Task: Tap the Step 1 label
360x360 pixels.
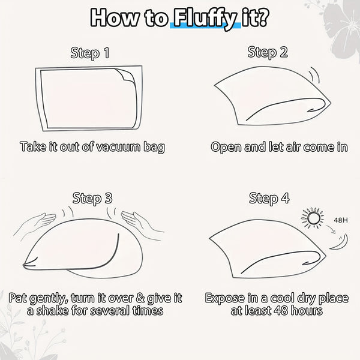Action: click(x=90, y=53)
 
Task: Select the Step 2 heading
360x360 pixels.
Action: click(x=267, y=53)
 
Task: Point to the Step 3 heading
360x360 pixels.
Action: click(x=92, y=198)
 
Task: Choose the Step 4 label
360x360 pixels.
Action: click(x=269, y=198)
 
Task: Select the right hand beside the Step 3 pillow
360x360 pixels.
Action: click(x=142, y=223)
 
